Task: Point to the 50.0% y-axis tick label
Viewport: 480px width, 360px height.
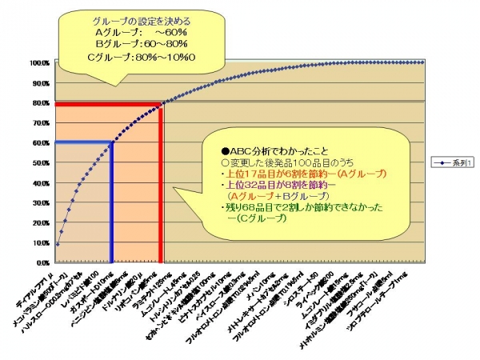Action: coord(41,162)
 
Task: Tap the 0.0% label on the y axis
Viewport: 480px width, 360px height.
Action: coord(42,262)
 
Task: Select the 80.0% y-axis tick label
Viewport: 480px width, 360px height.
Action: coord(41,102)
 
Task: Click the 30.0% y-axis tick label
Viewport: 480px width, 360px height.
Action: coord(41,202)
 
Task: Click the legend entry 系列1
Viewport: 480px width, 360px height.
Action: coord(453,162)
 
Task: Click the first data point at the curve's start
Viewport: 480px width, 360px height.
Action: coord(57,244)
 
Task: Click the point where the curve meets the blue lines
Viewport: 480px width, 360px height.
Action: coord(111,142)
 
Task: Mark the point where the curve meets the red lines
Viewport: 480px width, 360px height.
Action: coord(162,103)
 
